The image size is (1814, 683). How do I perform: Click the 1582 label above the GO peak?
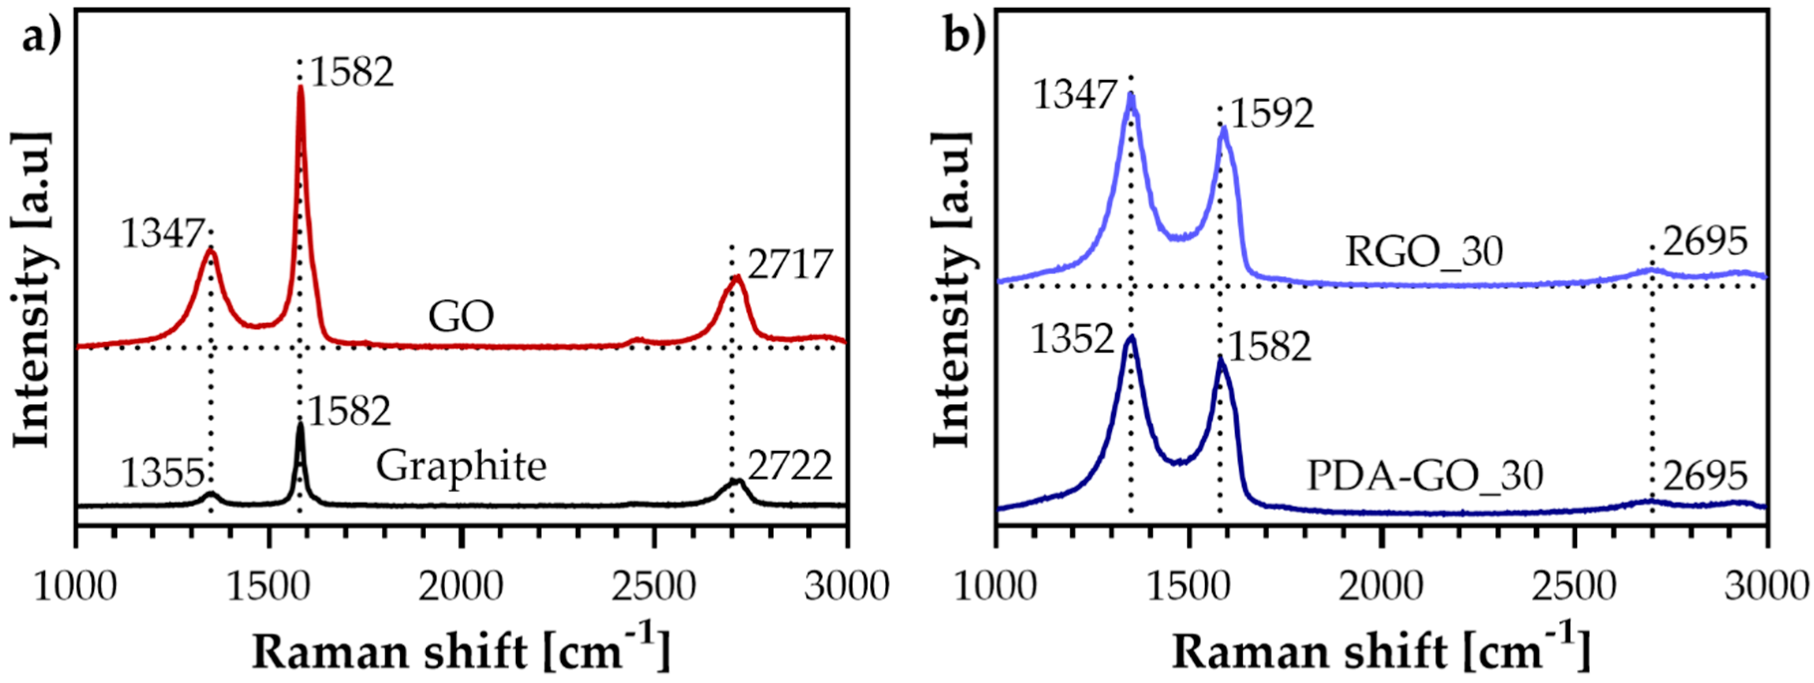(x=351, y=72)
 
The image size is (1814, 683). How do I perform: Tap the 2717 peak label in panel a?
(x=790, y=265)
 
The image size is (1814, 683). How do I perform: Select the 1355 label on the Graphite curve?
(x=163, y=473)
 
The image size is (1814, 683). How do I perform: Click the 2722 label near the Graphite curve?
(x=790, y=466)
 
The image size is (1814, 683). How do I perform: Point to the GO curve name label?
(x=461, y=317)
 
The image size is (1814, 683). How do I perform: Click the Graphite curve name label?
(x=461, y=466)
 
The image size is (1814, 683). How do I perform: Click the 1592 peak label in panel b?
(x=1272, y=113)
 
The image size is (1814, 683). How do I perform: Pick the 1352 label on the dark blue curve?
(x=1072, y=340)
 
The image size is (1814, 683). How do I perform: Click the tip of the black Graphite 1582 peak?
(x=300, y=424)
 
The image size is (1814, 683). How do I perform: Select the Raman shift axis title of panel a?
(x=461, y=649)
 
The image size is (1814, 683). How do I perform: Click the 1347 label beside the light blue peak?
(x=1075, y=95)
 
